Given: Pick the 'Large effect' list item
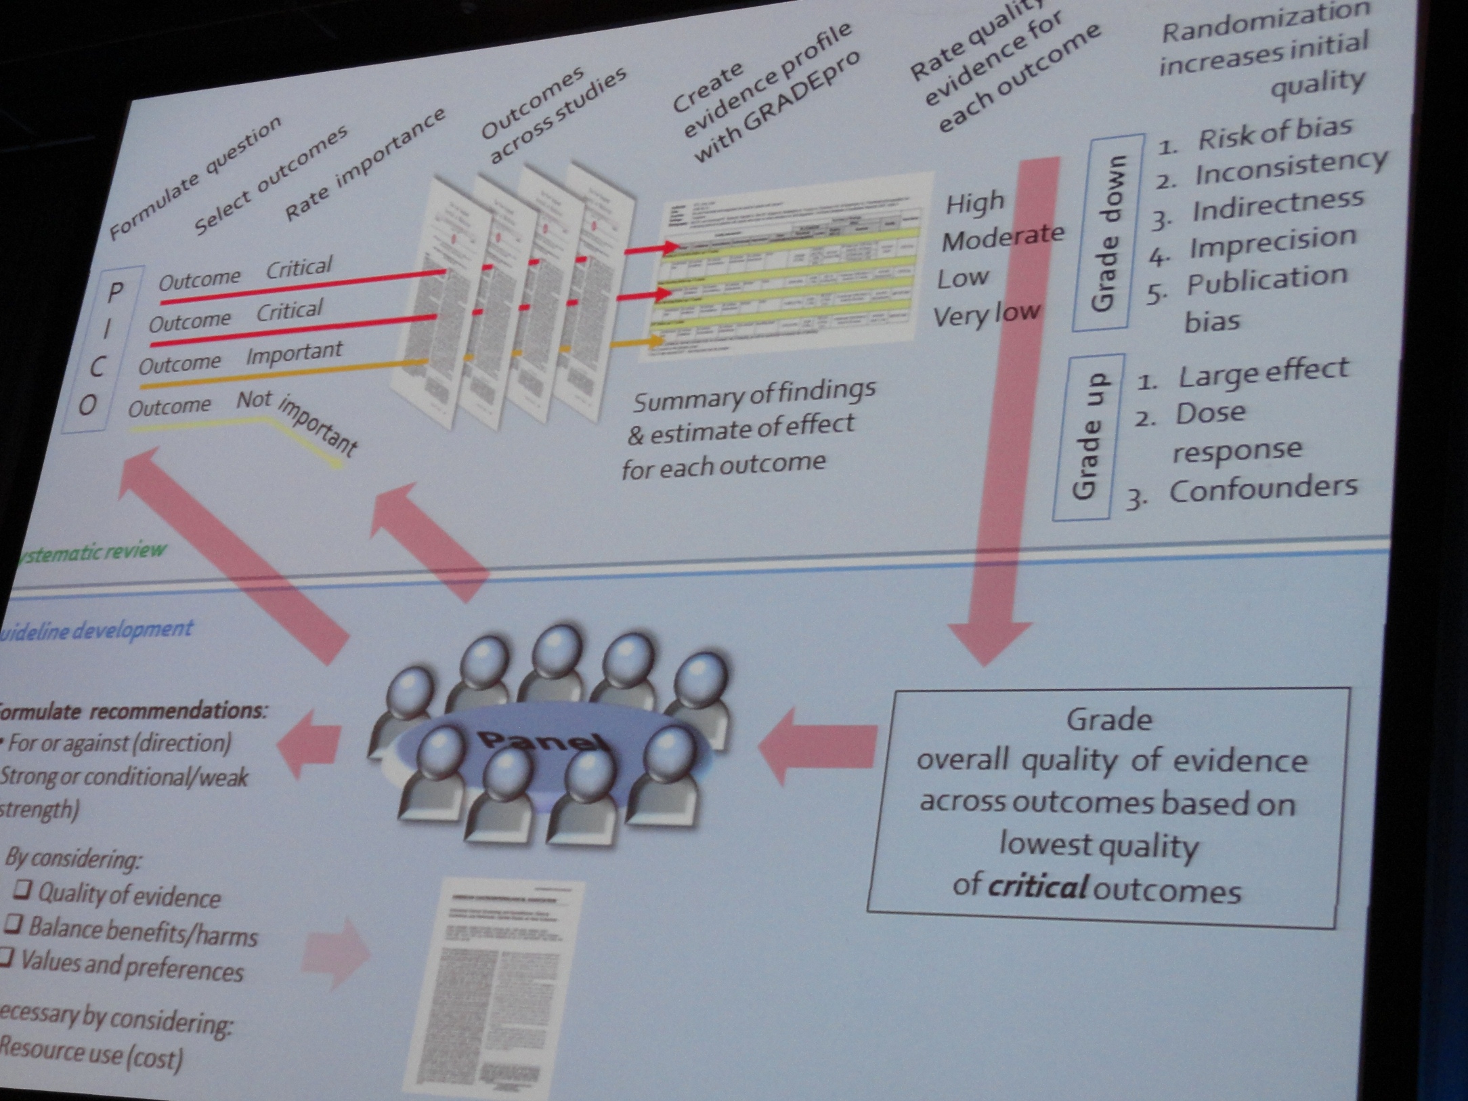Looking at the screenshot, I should (x=1263, y=373).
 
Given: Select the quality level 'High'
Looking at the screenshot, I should (x=975, y=203).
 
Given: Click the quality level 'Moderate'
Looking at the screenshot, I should (x=1003, y=237).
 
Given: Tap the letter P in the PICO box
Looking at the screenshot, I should (x=116, y=292).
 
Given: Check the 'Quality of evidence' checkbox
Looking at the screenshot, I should (x=23, y=889).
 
